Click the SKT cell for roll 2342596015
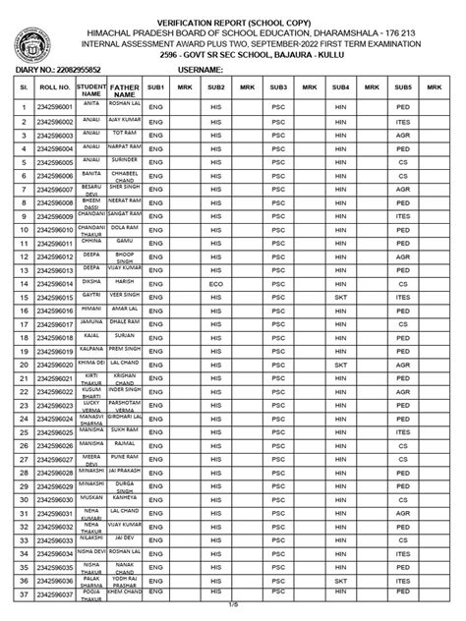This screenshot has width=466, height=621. pos(341,297)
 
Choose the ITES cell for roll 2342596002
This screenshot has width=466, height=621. pos(403,119)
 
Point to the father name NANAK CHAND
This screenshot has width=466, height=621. pos(124,567)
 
